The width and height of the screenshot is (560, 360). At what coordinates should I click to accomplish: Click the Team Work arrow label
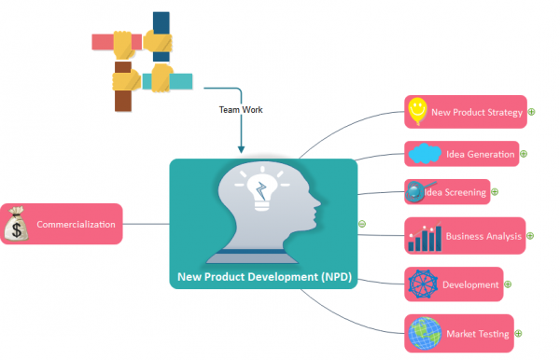241,109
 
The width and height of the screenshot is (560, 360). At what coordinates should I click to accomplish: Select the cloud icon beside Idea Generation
425,153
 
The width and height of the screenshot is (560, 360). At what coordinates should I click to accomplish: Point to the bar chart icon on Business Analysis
424,238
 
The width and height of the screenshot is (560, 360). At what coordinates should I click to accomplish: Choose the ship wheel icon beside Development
423,284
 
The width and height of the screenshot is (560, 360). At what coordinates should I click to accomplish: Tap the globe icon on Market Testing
425,333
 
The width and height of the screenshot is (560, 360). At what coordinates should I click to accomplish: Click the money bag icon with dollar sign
18,225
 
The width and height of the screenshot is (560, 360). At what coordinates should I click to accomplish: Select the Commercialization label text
76,225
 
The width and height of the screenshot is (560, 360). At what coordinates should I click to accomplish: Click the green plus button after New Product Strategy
531,113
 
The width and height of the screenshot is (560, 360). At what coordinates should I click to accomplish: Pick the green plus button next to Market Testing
518,333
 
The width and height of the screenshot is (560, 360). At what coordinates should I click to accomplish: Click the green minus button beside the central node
362,224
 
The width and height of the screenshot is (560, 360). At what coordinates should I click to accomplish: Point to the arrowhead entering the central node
241,149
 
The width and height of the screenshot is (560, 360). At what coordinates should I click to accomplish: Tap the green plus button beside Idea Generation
524,154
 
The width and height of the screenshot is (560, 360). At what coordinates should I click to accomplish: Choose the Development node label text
470,284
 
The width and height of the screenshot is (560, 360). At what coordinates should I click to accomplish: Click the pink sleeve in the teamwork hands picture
104,41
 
